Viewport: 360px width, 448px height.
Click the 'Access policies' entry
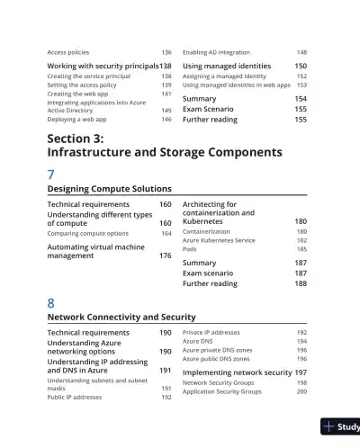pyautogui.click(x=67, y=53)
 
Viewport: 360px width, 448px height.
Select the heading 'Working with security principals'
pyautogui.click(x=103, y=67)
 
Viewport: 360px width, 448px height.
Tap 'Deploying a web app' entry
pyautogui.click(x=77, y=119)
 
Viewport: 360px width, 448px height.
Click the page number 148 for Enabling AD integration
pyautogui.click(x=301, y=53)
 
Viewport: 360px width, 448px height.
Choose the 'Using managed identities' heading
pyautogui.click(x=226, y=67)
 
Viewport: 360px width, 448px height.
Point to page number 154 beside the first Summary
pyautogui.click(x=301, y=99)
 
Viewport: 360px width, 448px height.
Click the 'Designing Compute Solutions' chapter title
pyautogui.click(x=109, y=190)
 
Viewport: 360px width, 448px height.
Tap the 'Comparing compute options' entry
pyautogui.click(x=87, y=233)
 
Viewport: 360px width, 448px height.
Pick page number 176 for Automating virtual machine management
pyautogui.click(x=166, y=255)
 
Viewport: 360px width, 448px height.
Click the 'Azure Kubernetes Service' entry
pyautogui.click(x=219, y=240)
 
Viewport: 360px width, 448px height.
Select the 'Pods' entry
pyautogui.click(x=190, y=249)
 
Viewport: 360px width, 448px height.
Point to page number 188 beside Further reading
pyautogui.click(x=301, y=283)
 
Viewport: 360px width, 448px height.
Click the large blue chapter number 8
pyautogui.click(x=51, y=302)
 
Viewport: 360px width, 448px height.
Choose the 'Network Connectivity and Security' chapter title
pyautogui.click(x=121, y=318)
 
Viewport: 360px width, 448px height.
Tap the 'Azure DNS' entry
pyautogui.click(x=201, y=341)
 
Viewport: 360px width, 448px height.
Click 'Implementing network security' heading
pyautogui.click(x=237, y=372)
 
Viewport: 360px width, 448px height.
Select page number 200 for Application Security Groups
pyautogui.click(x=301, y=391)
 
